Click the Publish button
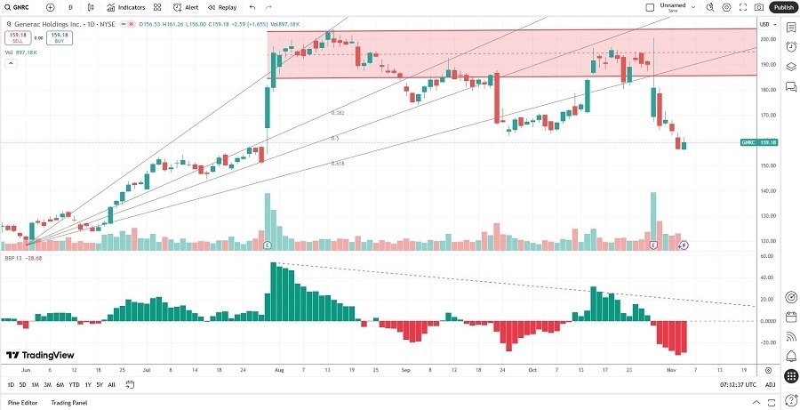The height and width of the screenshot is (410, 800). click(783, 7)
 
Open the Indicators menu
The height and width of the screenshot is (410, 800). click(126, 7)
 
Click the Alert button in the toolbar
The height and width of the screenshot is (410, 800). click(187, 7)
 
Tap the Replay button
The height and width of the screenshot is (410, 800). click(223, 7)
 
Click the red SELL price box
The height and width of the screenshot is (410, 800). click(16, 38)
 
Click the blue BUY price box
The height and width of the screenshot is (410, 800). click(60, 38)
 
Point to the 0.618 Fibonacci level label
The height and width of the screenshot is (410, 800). click(337, 164)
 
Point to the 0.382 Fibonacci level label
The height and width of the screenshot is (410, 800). click(337, 113)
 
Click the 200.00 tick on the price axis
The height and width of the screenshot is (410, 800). click(765, 40)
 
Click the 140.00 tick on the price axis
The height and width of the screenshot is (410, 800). click(765, 191)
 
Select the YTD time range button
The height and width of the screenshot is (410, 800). click(74, 385)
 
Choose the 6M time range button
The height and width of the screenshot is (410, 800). click(60, 385)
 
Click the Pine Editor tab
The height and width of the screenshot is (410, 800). click(22, 403)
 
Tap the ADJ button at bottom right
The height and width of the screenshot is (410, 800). click(770, 385)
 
